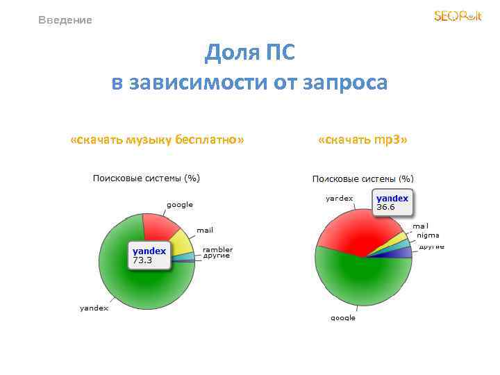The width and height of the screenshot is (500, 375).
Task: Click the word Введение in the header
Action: pyautogui.click(x=65, y=20)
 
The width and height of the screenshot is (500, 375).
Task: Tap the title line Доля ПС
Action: pyautogui.click(x=249, y=53)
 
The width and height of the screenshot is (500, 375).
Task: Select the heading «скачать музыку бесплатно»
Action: pyautogui.click(x=157, y=140)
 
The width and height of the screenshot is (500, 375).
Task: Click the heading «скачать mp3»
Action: pyautogui.click(x=362, y=140)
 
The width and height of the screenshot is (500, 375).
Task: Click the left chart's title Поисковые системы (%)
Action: pyautogui.click(x=147, y=178)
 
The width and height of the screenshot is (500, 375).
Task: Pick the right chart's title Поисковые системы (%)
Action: pyautogui.click(x=362, y=179)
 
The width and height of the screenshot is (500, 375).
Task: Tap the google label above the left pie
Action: pyautogui.click(x=179, y=205)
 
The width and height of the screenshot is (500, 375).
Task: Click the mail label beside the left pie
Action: pyautogui.click(x=205, y=229)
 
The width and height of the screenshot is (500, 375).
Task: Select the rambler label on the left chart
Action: pyautogui.click(x=217, y=249)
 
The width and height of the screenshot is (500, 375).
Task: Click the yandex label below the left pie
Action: pyautogui.click(x=94, y=308)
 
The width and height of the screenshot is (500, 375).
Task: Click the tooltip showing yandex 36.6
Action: pyautogui.click(x=393, y=202)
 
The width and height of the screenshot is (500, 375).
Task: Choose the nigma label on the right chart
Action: pyautogui.click(x=428, y=235)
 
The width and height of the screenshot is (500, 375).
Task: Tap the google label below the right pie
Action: pyautogui.click(x=343, y=317)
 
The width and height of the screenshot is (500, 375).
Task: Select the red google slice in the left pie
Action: pyautogui.click(x=161, y=226)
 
